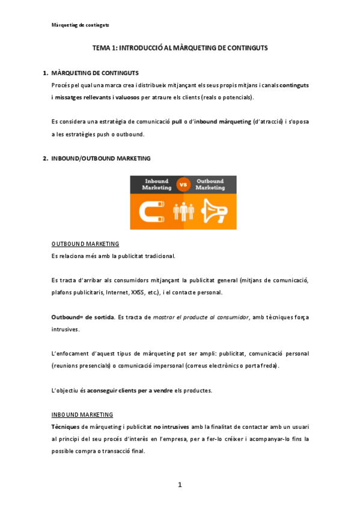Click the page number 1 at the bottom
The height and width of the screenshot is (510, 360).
(179, 485)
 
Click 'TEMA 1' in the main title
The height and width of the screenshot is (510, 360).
(104, 47)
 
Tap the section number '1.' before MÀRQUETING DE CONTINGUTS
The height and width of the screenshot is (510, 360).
(45, 73)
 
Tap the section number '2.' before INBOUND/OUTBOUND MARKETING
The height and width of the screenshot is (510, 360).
(45, 159)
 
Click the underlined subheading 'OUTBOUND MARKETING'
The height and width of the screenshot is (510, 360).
(85, 244)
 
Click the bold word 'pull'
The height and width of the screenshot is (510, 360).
(177, 122)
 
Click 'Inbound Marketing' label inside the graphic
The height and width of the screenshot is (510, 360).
(156, 184)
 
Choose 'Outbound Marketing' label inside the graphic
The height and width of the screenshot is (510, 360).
(210, 184)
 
